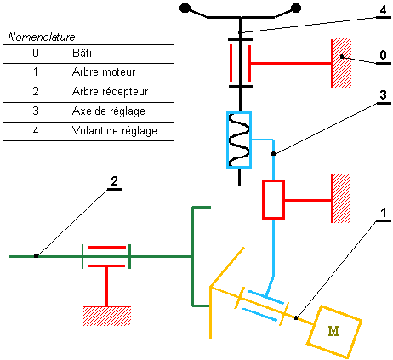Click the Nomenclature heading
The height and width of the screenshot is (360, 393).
point(42,38)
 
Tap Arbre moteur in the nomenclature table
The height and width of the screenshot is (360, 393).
point(104,73)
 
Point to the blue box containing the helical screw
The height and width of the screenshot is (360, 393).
point(239,139)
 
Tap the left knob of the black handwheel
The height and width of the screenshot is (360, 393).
point(185,9)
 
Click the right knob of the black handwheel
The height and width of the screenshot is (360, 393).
point(296,9)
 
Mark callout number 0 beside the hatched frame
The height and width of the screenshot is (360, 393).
point(383,54)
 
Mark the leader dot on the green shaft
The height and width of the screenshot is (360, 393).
point(36,255)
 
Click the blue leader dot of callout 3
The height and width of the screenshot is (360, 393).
point(272,154)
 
